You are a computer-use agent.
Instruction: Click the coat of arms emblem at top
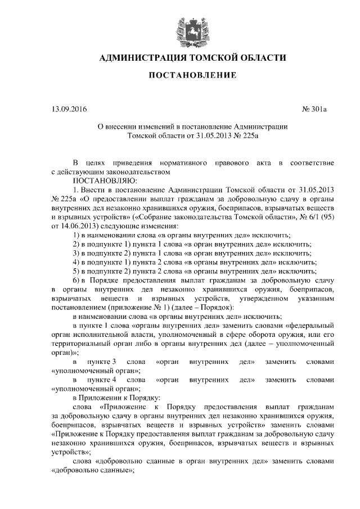click(189, 28)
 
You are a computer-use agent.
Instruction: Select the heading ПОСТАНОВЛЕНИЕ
click(189, 75)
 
